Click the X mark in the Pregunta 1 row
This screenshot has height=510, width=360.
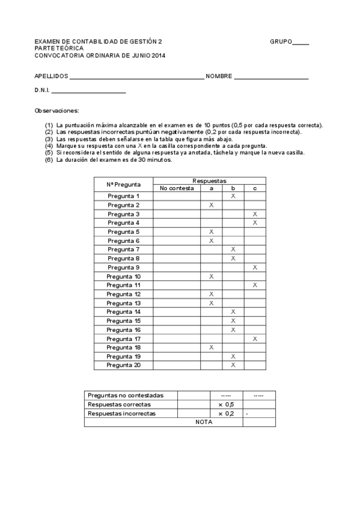click(233, 196)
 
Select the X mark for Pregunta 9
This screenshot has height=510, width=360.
click(255, 267)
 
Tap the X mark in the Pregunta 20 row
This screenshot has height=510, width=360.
click(233, 365)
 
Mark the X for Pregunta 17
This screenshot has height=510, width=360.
click(255, 339)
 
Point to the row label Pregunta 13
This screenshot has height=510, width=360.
click(124, 303)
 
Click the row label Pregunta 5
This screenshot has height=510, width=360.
click(124, 232)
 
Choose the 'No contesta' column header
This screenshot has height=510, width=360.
click(177, 188)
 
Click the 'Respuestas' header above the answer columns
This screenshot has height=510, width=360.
click(209, 180)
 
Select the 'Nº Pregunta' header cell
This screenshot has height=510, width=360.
click(124, 184)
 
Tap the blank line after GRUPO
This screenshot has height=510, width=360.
click(301, 44)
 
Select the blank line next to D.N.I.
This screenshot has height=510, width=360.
click(89, 93)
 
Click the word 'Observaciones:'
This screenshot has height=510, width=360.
click(57, 111)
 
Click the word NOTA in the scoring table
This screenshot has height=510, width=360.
click(204, 422)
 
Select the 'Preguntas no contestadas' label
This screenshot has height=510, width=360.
click(125, 395)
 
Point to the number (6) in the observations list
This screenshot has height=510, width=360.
click(49, 160)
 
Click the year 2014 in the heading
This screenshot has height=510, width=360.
click(158, 55)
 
